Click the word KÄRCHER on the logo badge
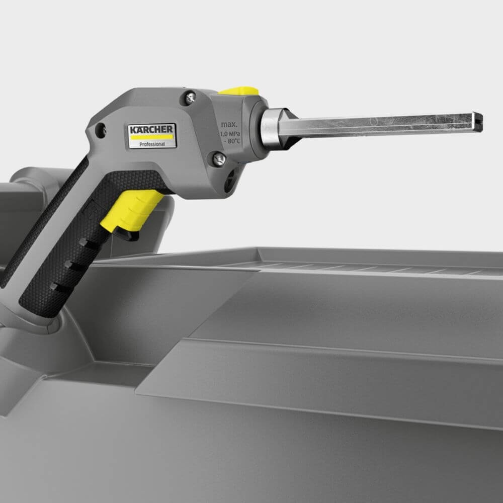coord(151,129)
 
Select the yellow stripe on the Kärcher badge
coord(152,136)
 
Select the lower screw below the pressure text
coord(219,159)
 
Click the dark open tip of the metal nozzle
coord(478,122)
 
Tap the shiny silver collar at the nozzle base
coord(270,128)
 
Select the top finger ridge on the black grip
coord(89,243)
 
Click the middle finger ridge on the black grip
coord(72,265)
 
